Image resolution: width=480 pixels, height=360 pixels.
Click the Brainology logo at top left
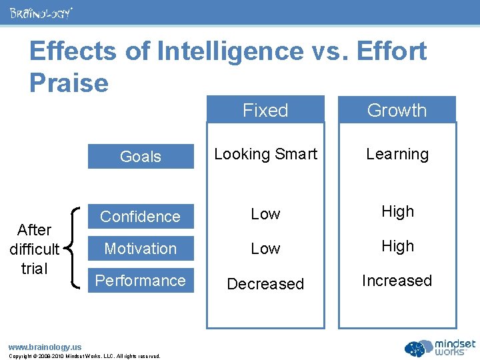(41, 13)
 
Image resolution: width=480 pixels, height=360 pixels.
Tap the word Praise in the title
(69, 83)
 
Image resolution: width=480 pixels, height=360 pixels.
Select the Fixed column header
(265, 110)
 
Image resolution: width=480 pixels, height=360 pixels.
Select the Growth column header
(397, 110)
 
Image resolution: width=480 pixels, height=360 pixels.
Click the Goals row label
(141, 157)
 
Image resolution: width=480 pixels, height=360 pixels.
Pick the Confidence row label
(141, 217)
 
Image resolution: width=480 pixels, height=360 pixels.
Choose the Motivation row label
(141, 249)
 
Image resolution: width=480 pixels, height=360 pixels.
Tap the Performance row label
(141, 281)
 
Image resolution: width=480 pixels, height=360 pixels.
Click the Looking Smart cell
(265, 154)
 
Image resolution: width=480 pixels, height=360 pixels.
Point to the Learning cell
(397, 154)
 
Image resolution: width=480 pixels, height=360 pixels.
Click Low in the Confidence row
(265, 214)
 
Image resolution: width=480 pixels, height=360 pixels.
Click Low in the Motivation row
(265, 249)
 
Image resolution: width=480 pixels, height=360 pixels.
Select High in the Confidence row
(397, 211)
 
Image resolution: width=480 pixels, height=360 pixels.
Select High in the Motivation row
(397, 246)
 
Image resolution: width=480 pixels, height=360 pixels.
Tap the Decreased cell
(265, 284)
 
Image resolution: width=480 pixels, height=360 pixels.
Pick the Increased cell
(397, 281)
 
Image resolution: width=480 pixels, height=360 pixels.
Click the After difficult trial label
(35, 249)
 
